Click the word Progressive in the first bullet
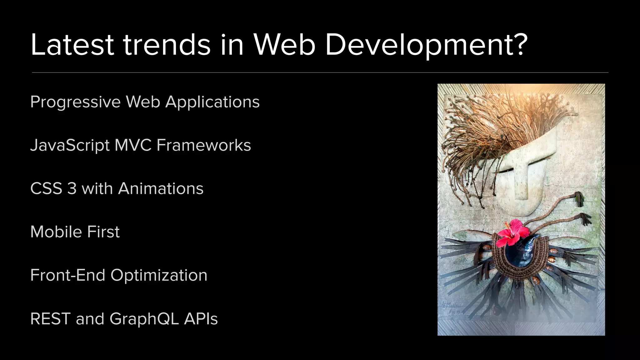click(75, 102)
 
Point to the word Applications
click(212, 102)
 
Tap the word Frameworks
click(204, 145)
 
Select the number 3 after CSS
click(72, 189)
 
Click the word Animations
click(161, 189)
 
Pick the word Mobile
click(56, 232)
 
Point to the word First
click(103, 232)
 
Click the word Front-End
click(67, 275)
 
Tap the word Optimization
click(159, 275)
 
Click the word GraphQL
click(144, 319)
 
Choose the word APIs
click(201, 319)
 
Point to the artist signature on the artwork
click(452, 308)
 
